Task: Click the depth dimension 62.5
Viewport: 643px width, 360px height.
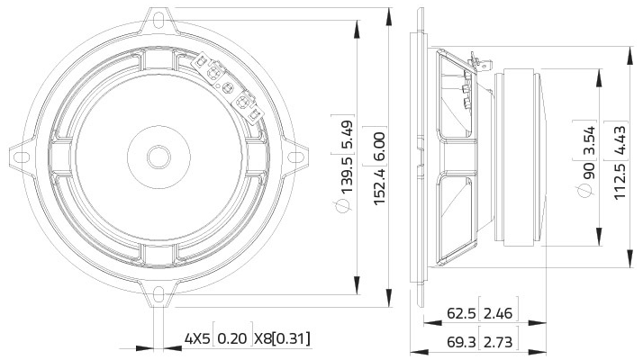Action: pyautogui.click(x=461, y=314)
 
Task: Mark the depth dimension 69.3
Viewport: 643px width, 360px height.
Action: pyautogui.click(x=461, y=342)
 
